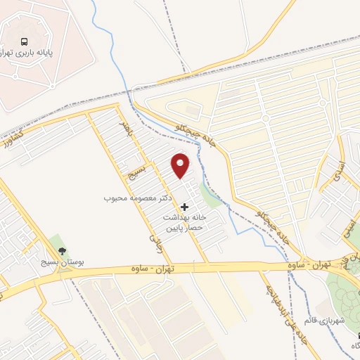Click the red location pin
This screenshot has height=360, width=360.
(181, 166)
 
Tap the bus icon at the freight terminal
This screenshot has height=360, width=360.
(25, 41)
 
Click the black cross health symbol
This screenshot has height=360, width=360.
(185, 207)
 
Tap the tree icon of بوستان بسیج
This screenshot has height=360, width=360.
(63, 250)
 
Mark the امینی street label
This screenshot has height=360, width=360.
(347, 225)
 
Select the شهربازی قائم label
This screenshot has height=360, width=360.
(326, 321)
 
